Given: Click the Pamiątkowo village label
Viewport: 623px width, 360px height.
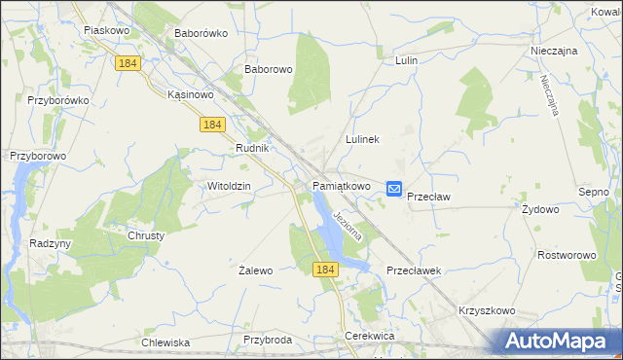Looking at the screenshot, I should [x=341, y=185].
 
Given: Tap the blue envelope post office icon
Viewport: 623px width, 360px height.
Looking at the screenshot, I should [x=394, y=189].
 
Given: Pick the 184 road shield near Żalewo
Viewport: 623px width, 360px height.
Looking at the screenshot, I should [x=325, y=268].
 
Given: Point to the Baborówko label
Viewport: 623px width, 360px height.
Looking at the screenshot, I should [x=200, y=32].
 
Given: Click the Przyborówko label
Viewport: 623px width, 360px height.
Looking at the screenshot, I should [x=58, y=99].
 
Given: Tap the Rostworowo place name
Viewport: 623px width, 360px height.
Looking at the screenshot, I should [x=567, y=254].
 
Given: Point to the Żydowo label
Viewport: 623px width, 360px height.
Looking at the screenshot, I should [x=540, y=209].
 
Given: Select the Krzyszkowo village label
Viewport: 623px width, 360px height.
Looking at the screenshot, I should [x=486, y=310].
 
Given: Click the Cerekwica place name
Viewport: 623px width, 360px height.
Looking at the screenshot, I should [x=368, y=336].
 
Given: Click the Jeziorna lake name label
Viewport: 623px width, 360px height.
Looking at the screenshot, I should [x=348, y=226].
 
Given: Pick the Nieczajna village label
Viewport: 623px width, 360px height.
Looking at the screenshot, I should [x=555, y=50].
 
